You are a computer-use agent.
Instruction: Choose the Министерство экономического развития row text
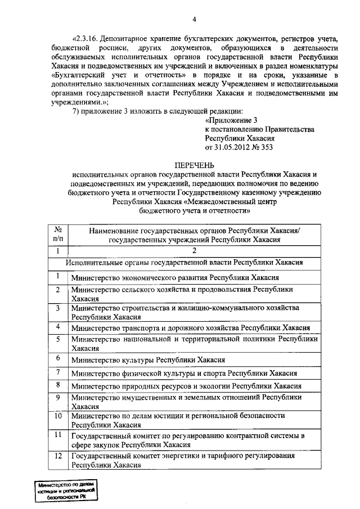coord(174,278)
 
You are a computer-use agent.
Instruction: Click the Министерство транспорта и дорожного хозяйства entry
coord(191,328)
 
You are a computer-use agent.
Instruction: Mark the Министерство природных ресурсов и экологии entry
coord(186,386)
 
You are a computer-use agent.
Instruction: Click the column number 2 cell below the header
coord(194,251)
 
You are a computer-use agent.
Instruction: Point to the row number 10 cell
coord(57,416)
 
